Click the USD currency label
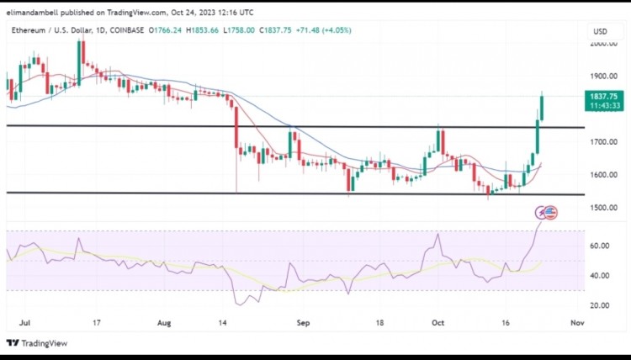point(600,31)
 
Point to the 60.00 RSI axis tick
point(599,246)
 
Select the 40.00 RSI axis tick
point(599,276)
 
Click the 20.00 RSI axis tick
point(599,305)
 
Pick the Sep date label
point(305,322)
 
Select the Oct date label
point(437,322)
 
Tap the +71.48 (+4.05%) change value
point(322,30)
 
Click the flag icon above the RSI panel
point(551,213)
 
